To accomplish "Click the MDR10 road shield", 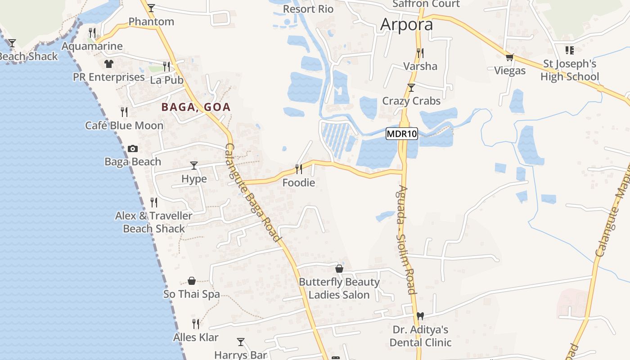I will point(402,134).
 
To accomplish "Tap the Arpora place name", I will point(406,25).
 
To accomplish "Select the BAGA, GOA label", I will point(196,107).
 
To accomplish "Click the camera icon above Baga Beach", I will point(133,148).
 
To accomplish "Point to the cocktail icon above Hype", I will point(194,166).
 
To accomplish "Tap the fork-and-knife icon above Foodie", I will point(298,169).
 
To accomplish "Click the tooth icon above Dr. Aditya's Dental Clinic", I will point(420,316).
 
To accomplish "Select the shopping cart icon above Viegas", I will point(509,57).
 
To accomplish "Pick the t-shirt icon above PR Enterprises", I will point(108,64).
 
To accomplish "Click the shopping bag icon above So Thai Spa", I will point(192,281).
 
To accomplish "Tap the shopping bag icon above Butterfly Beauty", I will point(339,269).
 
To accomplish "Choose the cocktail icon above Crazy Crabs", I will point(411,87).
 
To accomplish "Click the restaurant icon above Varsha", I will point(420,53).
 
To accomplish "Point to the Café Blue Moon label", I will point(124,126).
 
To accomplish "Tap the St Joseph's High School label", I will point(570,70).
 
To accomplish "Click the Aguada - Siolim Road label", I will point(406,239).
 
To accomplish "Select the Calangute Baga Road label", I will point(253,193).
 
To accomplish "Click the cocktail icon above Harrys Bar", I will point(241,342).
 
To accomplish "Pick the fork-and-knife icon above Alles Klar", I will point(196,324).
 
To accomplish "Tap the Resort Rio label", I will point(308,9).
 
